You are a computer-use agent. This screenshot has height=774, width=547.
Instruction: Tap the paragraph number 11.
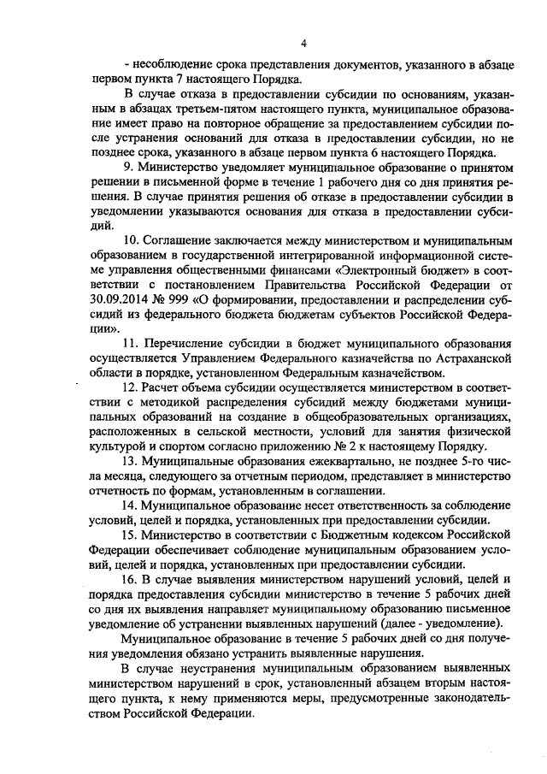(131, 343)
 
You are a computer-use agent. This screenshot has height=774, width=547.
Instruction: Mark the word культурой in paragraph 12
(116, 447)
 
